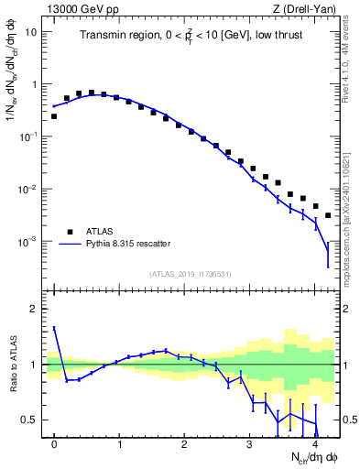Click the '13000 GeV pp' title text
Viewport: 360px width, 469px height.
[80, 7]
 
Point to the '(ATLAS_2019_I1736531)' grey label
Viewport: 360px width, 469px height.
[191, 275]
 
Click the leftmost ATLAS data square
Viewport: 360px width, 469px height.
[54, 116]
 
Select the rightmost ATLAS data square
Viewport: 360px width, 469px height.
[328, 215]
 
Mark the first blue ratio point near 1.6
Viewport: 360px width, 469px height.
[54, 328]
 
